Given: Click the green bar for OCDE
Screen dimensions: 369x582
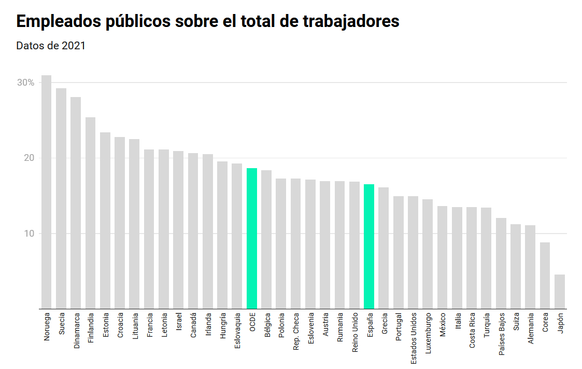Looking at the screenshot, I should coord(251,238).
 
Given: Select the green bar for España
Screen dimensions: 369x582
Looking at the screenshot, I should coord(369,247).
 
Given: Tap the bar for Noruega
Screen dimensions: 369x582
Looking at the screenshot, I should coord(47,192).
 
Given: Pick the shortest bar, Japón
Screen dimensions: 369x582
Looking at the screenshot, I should coord(560,292).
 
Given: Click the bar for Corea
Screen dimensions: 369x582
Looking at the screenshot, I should coord(545,276).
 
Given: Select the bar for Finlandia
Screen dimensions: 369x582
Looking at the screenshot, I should coord(91,213).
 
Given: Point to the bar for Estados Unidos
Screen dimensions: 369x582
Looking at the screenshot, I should coord(413,252).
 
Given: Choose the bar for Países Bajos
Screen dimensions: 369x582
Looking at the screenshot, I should coord(501,263).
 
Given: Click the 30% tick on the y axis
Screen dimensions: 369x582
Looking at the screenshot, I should coord(26,83).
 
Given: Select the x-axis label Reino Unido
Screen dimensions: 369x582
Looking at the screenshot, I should coord(355,332).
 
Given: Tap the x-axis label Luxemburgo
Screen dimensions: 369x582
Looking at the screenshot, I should coord(428,333).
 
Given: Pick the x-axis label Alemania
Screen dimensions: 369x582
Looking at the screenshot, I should coord(531,328).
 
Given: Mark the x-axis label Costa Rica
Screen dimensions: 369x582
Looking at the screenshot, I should coord(472,330).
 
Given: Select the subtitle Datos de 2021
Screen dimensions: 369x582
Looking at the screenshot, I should coord(51,46).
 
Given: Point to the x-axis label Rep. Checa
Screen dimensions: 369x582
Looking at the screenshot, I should coord(296,332).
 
